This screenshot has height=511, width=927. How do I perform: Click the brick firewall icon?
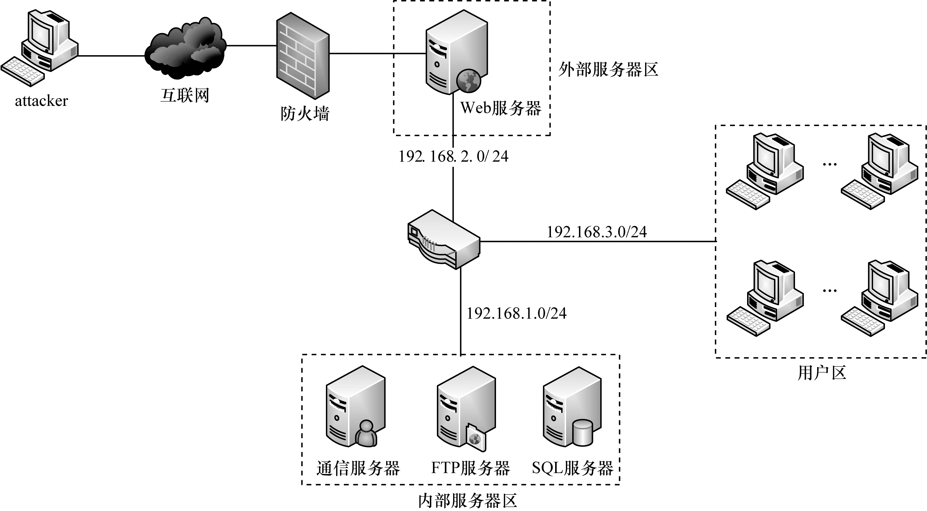303,56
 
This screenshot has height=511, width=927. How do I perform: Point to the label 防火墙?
305,114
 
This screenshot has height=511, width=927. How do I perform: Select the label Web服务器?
500,108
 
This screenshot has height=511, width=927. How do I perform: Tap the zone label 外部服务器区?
608,69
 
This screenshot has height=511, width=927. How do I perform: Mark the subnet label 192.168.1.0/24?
516,313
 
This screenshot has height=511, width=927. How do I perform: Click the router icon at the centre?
444,239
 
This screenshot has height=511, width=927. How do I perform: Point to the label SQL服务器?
573,468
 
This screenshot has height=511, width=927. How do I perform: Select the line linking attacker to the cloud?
112,56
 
